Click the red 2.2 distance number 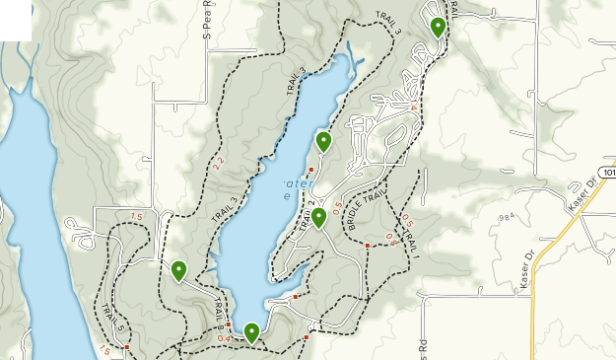tap(218, 162)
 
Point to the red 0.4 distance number tap(226, 338)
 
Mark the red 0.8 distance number tap(390, 238)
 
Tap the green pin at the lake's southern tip tap(251, 332)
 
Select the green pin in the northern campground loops tap(438, 28)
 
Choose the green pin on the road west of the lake tap(178, 270)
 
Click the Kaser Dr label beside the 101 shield tap(584, 192)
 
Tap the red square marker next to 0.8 tap(367, 245)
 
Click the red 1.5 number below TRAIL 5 tap(103, 349)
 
